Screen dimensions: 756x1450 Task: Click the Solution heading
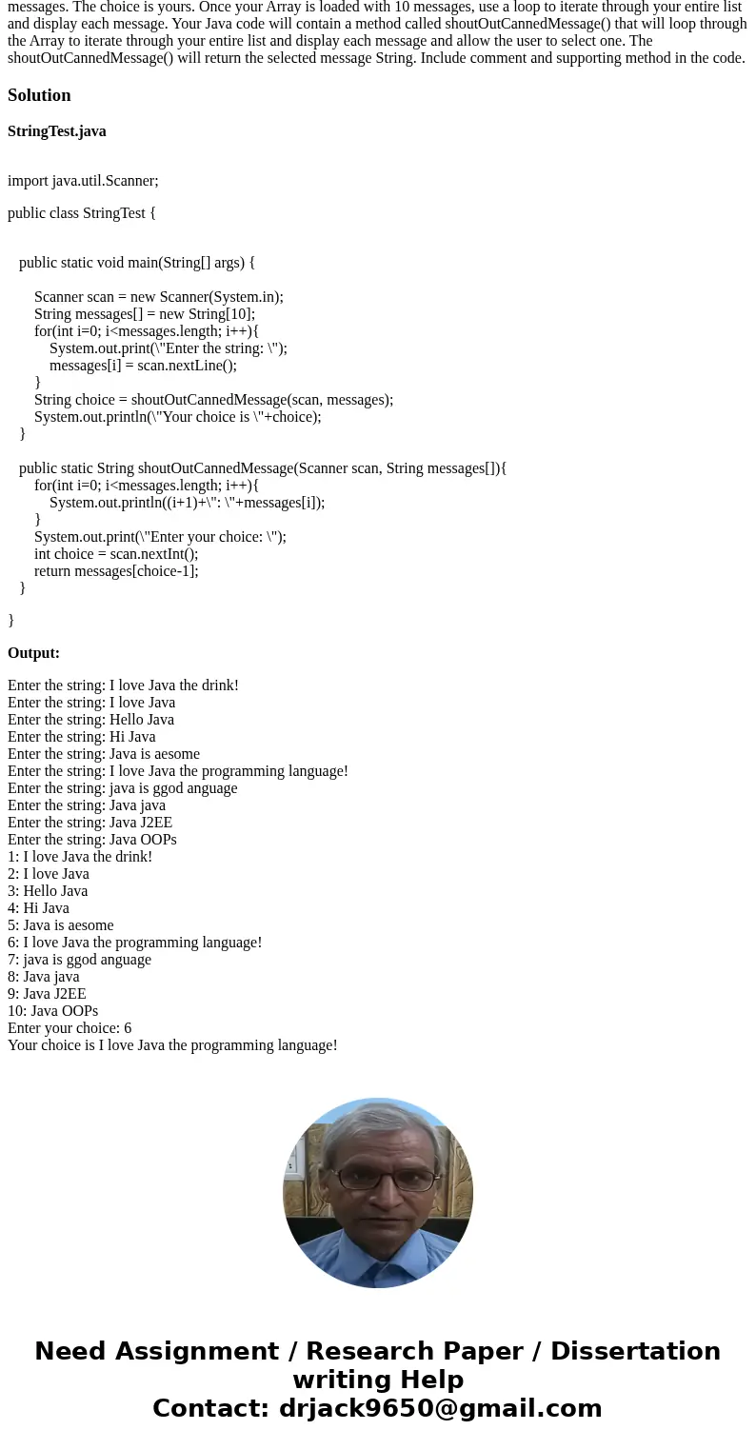click(x=39, y=95)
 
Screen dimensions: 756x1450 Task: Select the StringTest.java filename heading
click(x=57, y=131)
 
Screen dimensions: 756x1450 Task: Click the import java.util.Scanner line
click(x=83, y=181)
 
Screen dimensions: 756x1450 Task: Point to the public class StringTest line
click(x=82, y=213)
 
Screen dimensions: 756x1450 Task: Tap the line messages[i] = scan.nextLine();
click(x=143, y=366)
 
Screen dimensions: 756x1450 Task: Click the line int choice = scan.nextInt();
click(x=116, y=554)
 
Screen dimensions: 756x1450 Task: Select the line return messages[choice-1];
click(x=116, y=571)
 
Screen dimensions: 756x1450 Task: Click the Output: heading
click(x=33, y=653)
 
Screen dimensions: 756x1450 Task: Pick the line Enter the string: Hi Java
click(x=81, y=737)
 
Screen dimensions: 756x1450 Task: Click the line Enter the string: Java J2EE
click(x=90, y=823)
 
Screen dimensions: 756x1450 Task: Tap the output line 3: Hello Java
click(x=48, y=891)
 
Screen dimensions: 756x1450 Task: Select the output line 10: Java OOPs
click(x=52, y=1011)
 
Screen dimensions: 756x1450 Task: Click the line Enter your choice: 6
click(x=70, y=1028)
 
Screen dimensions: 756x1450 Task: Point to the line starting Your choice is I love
click(x=172, y=1045)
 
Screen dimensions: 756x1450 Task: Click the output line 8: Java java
click(x=44, y=977)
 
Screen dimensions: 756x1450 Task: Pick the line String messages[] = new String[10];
click(x=145, y=314)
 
